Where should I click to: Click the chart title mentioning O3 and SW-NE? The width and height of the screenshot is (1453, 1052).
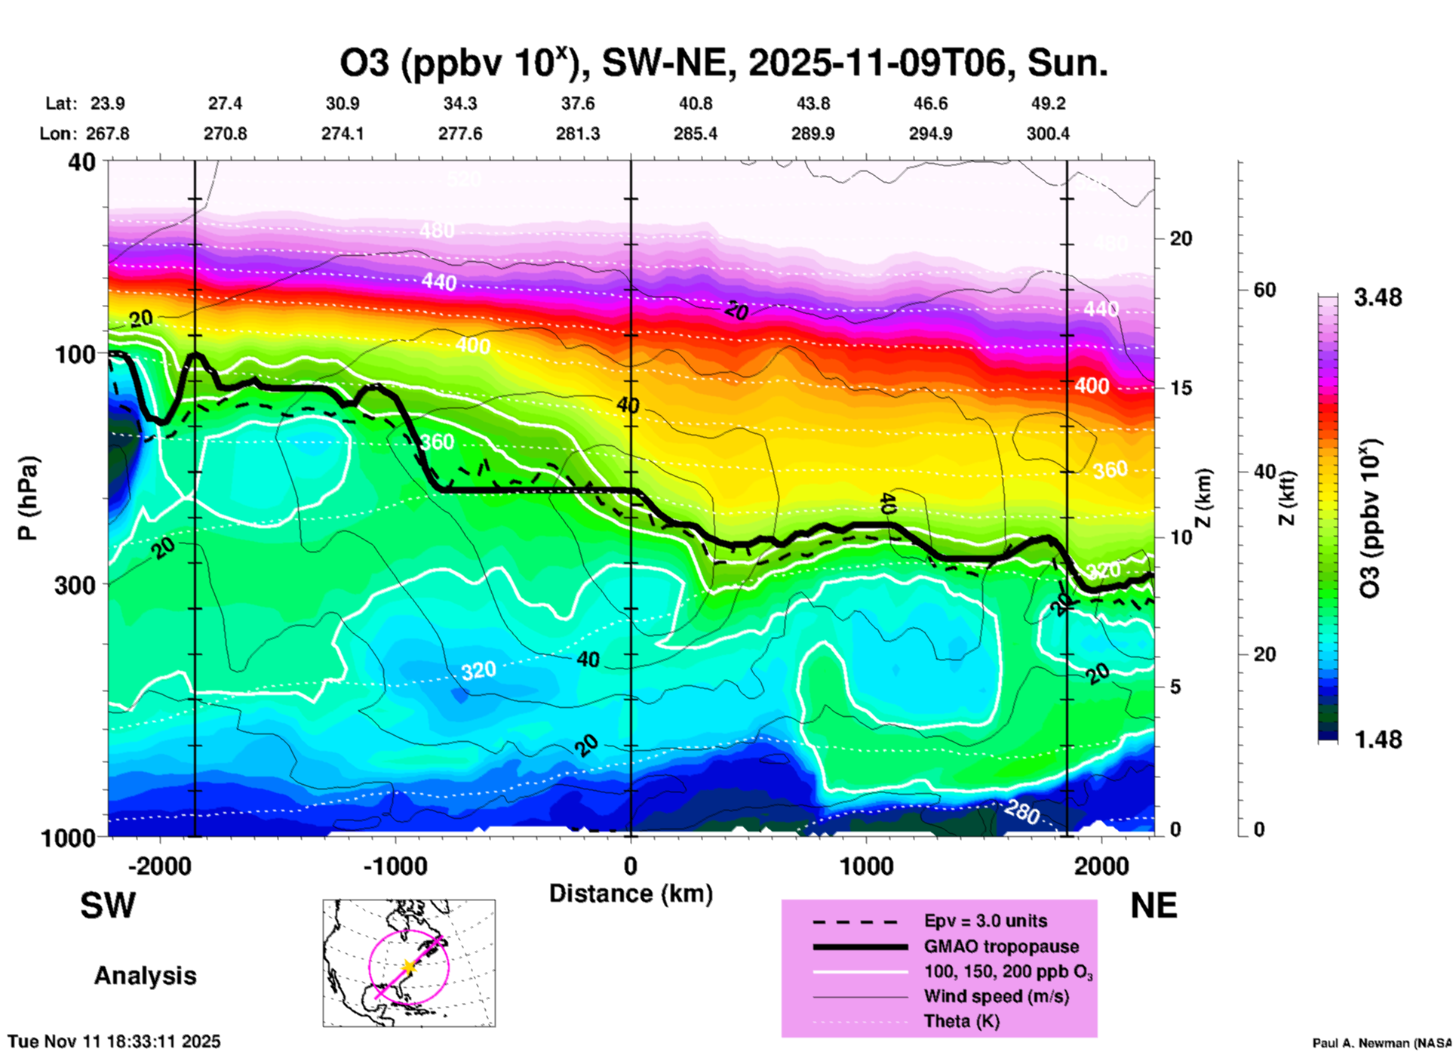point(723,63)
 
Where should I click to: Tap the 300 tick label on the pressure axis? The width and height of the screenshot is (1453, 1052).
point(75,584)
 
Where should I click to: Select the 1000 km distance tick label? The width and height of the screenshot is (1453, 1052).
point(866,866)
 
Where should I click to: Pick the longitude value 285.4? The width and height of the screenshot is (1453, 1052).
point(695,134)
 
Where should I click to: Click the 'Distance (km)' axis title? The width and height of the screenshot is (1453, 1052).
point(631,894)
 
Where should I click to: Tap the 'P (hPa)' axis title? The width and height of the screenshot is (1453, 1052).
point(28,498)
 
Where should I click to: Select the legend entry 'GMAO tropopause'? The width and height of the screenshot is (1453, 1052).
point(1001,946)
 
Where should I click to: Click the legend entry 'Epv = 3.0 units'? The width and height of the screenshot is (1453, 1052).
point(985,921)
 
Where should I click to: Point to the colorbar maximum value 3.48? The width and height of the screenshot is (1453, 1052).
point(1378,298)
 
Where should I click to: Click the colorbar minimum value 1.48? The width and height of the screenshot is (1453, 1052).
point(1378,740)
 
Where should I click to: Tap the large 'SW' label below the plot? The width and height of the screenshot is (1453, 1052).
point(108,906)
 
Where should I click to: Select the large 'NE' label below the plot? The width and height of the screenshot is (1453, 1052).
point(1153,906)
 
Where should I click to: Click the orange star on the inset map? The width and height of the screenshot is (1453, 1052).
point(408,967)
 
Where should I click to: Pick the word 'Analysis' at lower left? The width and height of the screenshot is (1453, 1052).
point(145,976)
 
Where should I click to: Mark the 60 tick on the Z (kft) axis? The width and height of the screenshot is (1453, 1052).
point(1264,290)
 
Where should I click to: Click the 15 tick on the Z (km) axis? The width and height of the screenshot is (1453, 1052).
point(1181,388)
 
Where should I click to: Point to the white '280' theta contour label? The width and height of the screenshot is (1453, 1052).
point(1022,812)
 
